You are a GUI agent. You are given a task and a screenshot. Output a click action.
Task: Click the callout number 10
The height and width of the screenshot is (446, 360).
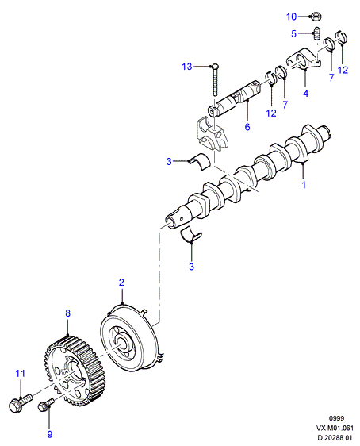pyautogui.click(x=291, y=17)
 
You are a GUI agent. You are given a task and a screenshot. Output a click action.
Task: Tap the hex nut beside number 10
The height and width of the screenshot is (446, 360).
pyautogui.click(x=315, y=17)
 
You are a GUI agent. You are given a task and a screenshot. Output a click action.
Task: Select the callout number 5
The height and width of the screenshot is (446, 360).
pyautogui.click(x=294, y=34)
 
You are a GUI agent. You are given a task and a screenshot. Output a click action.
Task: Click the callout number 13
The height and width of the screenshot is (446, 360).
pyautogui.click(x=187, y=67)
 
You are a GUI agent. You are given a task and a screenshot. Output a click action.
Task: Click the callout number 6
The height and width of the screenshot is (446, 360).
pyautogui.click(x=247, y=127)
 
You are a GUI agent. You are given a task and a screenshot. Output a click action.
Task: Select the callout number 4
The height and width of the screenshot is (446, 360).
pyautogui.click(x=306, y=93)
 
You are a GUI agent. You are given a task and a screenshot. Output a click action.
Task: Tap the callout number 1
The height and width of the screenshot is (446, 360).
pyautogui.click(x=304, y=185)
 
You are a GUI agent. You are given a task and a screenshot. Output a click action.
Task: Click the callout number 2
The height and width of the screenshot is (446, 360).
pyautogui.click(x=121, y=283)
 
